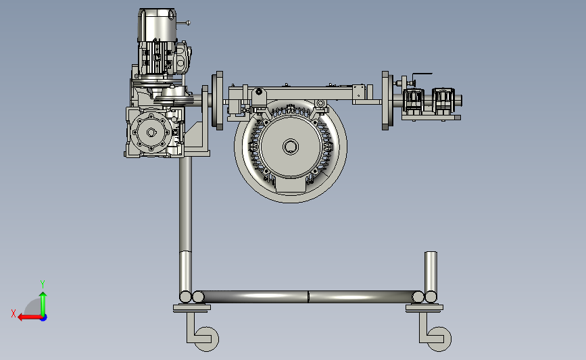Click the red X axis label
coord(14,313)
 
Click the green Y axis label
coord(42,284)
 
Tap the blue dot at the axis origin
coord(44,318)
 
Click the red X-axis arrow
coord(30,317)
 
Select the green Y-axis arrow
coord(43,304)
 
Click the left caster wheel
coord(207,338)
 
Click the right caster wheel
coord(439,338)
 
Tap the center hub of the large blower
coord(291,147)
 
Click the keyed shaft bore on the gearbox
coord(151,132)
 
